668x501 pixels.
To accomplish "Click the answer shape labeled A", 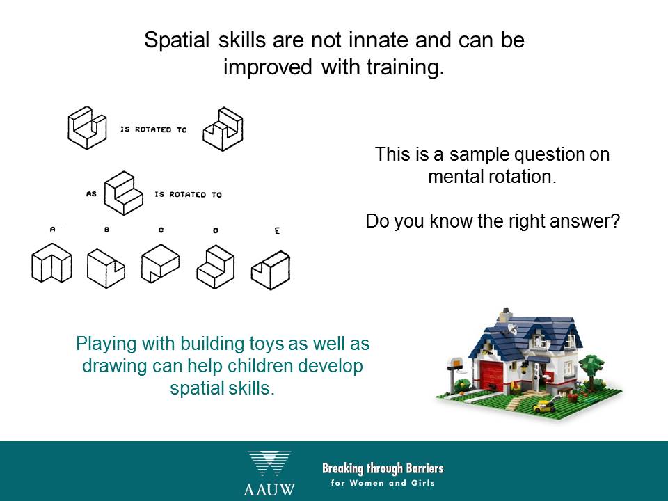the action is tap(51, 263).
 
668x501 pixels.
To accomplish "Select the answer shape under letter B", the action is tap(106, 269).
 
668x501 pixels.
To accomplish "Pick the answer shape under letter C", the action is tap(160, 263).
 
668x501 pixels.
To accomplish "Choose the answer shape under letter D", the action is tap(216, 267).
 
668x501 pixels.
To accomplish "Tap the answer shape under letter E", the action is tap(271, 270).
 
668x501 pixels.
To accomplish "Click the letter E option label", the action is tap(278, 231).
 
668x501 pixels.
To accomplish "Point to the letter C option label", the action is tap(161, 230).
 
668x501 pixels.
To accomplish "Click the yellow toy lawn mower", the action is tap(543, 406).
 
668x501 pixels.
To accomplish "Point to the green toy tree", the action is tap(591, 369).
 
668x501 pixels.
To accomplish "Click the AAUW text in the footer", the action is tap(269, 489).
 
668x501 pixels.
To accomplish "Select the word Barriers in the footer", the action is tap(424, 468).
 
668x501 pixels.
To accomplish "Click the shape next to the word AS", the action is tap(124, 193).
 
